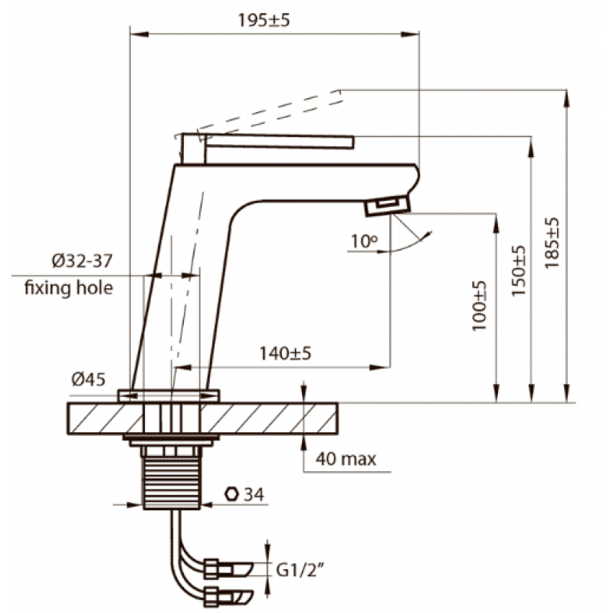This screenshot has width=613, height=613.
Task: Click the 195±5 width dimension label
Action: (x=264, y=21)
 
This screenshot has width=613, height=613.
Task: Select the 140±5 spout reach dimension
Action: (x=285, y=353)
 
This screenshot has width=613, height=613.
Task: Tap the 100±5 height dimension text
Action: (x=480, y=306)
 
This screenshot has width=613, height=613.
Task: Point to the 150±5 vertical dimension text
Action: (x=520, y=270)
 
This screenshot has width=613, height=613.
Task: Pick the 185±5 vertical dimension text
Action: (x=552, y=243)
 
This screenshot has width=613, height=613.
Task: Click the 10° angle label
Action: (x=365, y=241)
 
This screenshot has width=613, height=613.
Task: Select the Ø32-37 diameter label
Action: (x=82, y=261)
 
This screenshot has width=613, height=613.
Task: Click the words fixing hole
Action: (x=69, y=288)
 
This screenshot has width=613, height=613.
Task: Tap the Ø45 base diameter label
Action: (x=88, y=379)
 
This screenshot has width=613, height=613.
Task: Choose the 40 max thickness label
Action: (x=346, y=458)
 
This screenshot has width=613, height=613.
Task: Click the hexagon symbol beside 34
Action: (x=232, y=494)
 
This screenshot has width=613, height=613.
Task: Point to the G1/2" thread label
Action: (x=300, y=570)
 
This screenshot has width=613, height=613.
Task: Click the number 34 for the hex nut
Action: (x=254, y=494)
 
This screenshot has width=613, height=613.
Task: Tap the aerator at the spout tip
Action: (x=388, y=206)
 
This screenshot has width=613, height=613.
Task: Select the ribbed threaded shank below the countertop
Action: (x=172, y=484)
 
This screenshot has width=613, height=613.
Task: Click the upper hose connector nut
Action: (x=211, y=569)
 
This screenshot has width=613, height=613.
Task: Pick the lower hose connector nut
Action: (x=211, y=597)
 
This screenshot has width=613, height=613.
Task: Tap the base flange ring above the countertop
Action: (x=169, y=395)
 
